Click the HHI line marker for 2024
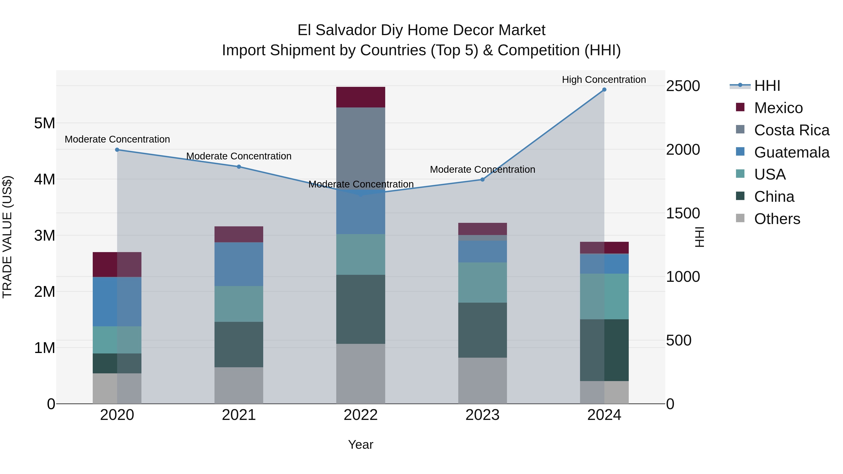[x=604, y=90]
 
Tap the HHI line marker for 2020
[x=117, y=150]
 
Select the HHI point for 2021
[x=239, y=167]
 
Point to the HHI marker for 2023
[x=482, y=180]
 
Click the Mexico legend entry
[x=778, y=108]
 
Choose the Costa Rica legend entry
[x=791, y=130]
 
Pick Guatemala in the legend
[x=791, y=152]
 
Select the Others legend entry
[x=777, y=219]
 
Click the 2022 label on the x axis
[x=361, y=415]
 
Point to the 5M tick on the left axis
[x=44, y=124]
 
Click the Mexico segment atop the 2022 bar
[x=361, y=97]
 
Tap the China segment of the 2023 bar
[x=482, y=330]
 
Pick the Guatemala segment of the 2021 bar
[x=239, y=264]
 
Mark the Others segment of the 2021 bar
[x=239, y=385]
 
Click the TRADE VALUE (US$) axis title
[x=7, y=237]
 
